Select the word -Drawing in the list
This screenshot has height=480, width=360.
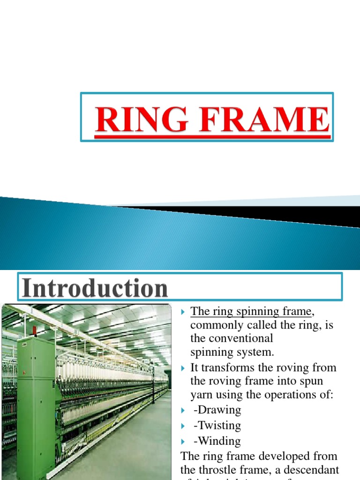pyautogui.click(x=217, y=410)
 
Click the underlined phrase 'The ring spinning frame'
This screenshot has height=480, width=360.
pyautogui.click(x=251, y=311)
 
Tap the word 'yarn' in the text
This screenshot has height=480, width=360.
pyautogui.click(x=202, y=395)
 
